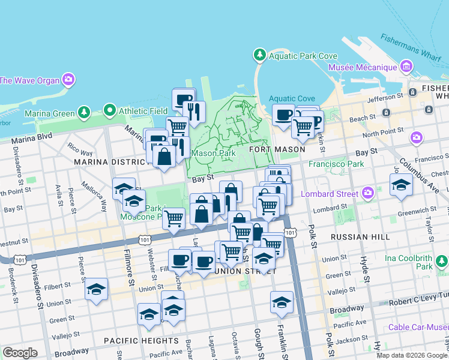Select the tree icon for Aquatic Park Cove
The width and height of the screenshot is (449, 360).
[x=260, y=56]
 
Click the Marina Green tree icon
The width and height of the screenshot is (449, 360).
[x=84, y=112]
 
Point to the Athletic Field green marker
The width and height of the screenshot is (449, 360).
[x=109, y=110]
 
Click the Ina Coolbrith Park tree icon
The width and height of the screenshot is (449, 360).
[x=442, y=261]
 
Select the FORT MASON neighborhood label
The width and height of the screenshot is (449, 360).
[x=274, y=149]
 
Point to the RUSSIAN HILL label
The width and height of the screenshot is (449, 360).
[x=358, y=237]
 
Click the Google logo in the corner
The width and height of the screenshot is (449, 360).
[x=20, y=353]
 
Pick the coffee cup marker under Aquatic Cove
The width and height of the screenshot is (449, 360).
[x=283, y=114]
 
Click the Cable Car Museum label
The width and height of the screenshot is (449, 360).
[x=418, y=327]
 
